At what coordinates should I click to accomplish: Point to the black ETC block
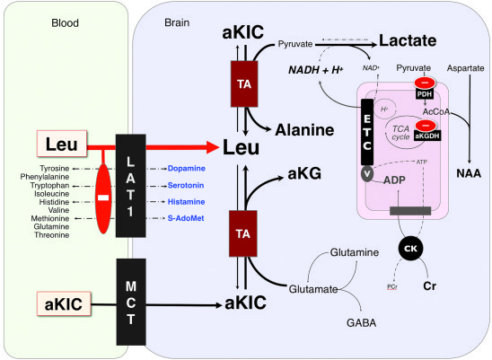coord(365,127)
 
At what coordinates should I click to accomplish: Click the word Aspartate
coord(465,68)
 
